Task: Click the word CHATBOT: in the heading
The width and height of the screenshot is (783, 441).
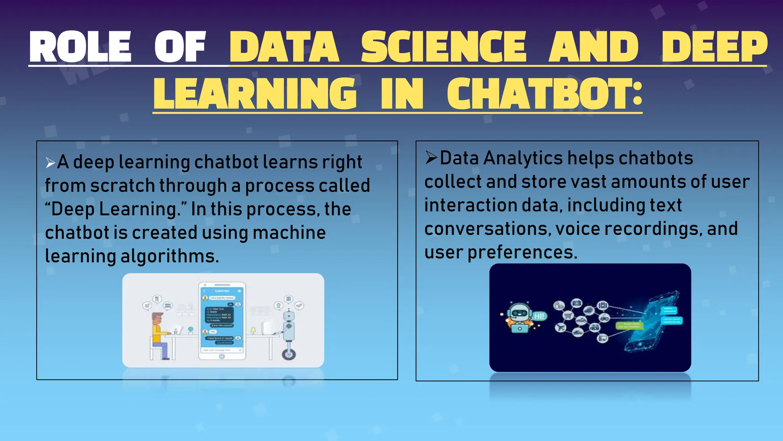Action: point(544,93)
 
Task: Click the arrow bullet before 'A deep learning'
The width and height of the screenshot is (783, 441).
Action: point(50,163)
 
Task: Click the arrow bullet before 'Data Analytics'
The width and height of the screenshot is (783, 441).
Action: point(431,158)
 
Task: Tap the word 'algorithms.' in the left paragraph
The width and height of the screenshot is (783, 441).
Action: point(170,256)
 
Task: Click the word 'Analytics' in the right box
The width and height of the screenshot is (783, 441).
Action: point(523,158)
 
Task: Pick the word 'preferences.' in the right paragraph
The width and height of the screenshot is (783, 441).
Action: point(522,252)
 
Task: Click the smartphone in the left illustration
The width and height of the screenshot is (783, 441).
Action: point(222,321)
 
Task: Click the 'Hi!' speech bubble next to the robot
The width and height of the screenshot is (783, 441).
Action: point(539,316)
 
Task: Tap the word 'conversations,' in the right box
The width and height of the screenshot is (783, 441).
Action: point(487,229)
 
